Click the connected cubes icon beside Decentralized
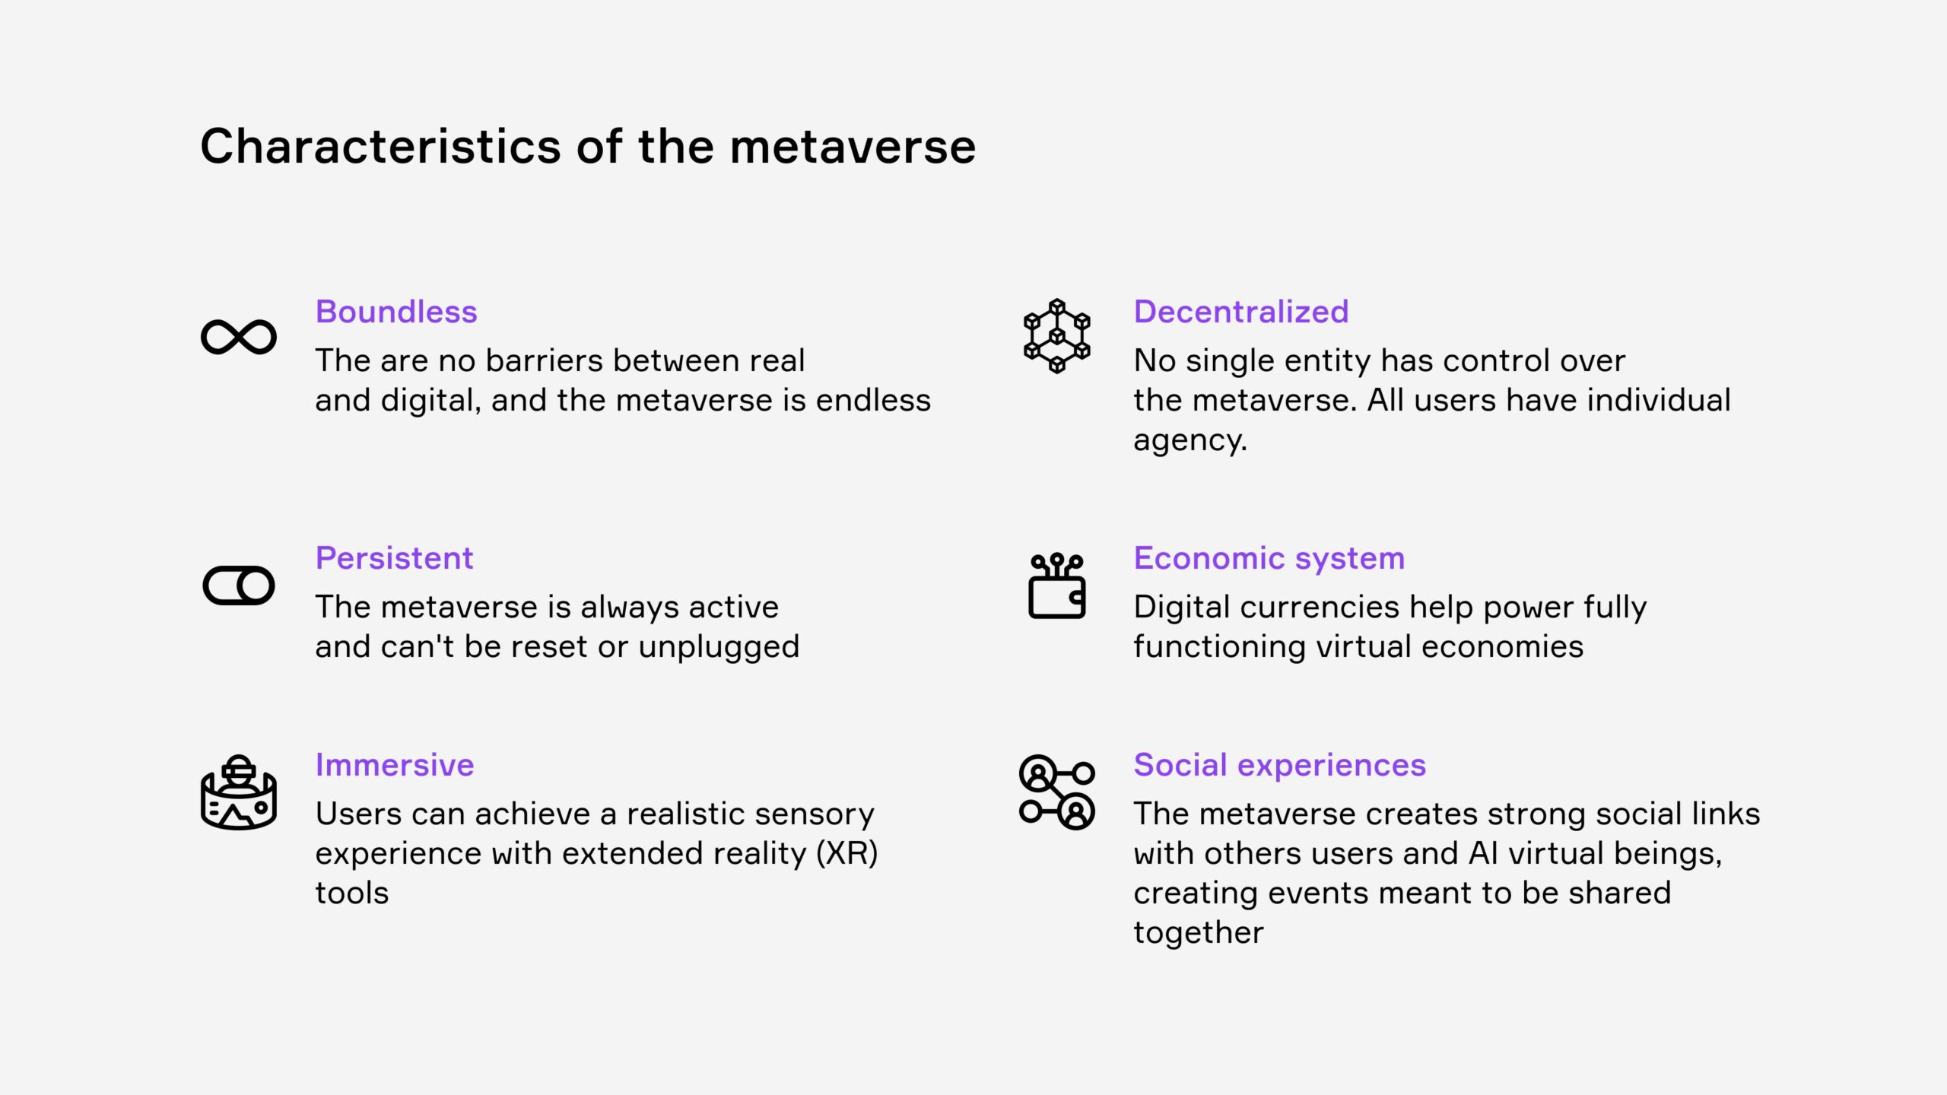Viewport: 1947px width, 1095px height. point(1056,336)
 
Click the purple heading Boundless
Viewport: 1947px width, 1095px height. point(396,312)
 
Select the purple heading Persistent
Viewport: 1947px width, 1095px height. point(394,558)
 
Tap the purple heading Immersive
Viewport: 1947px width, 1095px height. point(395,765)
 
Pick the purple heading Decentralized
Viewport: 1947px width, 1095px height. point(1241,312)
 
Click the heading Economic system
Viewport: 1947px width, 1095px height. point(1269,559)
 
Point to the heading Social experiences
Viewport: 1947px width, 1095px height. point(1280,766)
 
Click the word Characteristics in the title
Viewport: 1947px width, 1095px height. point(381,146)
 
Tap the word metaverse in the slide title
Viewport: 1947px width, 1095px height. point(853,146)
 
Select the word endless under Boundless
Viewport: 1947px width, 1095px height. point(873,400)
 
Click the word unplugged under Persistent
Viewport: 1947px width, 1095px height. point(719,648)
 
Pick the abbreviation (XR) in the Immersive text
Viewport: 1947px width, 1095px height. point(846,854)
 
